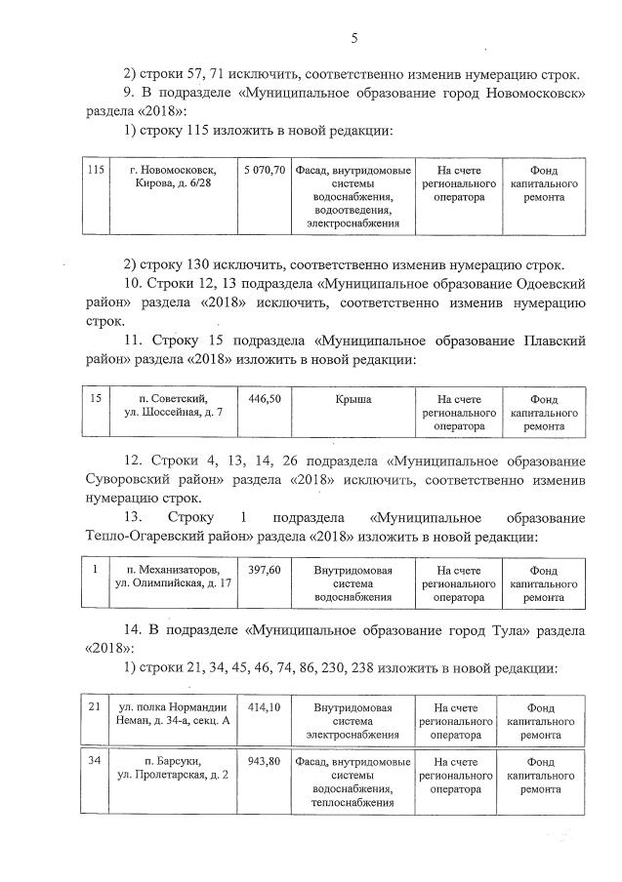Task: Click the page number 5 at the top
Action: [354, 38]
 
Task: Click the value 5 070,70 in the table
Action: [266, 170]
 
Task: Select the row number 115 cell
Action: [96, 170]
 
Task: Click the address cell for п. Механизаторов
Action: [174, 576]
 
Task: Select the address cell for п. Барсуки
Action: [174, 768]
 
